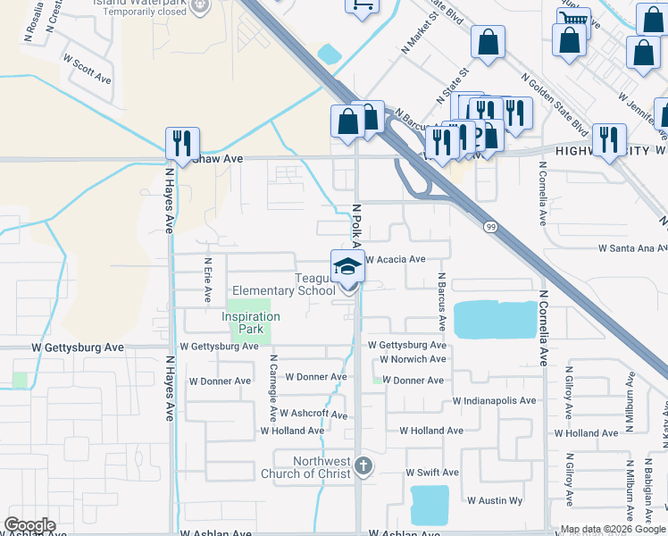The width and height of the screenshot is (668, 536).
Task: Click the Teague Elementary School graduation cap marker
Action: (x=347, y=265)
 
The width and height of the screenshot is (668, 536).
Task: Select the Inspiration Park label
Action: (x=251, y=322)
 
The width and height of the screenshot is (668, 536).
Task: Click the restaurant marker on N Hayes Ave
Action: (x=182, y=142)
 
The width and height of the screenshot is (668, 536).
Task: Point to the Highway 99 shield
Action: (x=490, y=227)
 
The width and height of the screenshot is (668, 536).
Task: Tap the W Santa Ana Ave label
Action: (x=632, y=247)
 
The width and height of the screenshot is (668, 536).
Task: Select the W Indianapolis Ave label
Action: (x=495, y=401)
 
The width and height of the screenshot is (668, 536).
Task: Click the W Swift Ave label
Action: (x=432, y=472)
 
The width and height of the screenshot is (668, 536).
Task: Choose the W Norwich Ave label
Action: (x=412, y=359)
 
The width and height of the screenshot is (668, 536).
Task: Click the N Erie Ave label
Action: (x=208, y=280)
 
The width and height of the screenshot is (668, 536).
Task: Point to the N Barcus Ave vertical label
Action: (x=441, y=299)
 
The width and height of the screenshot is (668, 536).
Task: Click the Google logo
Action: (x=29, y=525)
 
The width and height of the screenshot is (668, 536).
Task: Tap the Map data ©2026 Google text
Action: (x=613, y=529)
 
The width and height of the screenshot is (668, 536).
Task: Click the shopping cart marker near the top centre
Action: (x=360, y=5)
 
